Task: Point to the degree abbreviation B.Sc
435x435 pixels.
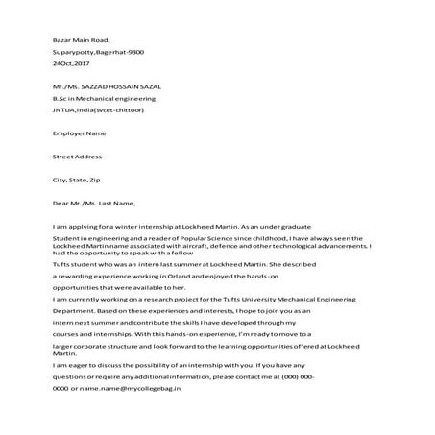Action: click(x=62, y=98)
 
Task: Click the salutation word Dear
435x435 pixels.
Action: click(x=62, y=203)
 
